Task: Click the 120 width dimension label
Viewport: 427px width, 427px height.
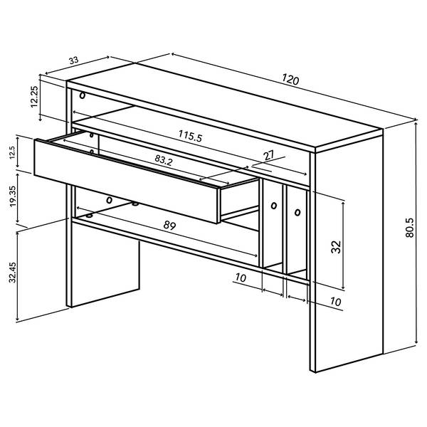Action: pos(290,79)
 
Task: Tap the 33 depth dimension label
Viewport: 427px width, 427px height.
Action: pos(73,60)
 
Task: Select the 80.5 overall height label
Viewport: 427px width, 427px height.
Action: pos(410,228)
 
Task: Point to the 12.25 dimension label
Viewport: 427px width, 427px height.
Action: pos(34,97)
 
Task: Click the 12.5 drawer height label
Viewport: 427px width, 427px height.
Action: pos(13,152)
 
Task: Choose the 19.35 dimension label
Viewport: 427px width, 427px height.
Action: pos(13,196)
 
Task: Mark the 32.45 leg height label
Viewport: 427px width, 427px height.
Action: pos(13,273)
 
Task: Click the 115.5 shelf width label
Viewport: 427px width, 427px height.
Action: pos(190,136)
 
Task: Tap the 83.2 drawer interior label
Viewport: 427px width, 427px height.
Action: pos(164,160)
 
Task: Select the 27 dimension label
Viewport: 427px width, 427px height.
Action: pos(269,155)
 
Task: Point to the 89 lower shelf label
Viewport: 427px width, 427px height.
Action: pos(169,225)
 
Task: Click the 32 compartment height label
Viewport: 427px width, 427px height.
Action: pos(337,247)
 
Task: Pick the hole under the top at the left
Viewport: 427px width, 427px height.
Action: pos(83,95)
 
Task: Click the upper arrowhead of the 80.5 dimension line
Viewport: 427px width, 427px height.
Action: pos(416,125)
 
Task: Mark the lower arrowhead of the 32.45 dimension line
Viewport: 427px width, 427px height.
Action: pos(17,318)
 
